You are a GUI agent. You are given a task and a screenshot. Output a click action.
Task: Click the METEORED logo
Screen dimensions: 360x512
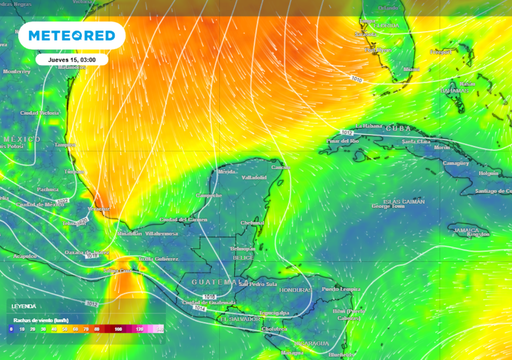71,36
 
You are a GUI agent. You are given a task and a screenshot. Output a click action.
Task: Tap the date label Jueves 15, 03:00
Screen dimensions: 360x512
71,59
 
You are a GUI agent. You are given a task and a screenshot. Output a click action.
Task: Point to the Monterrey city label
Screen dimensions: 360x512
17,72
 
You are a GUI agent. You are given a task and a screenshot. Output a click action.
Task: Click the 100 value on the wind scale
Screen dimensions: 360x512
118,328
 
